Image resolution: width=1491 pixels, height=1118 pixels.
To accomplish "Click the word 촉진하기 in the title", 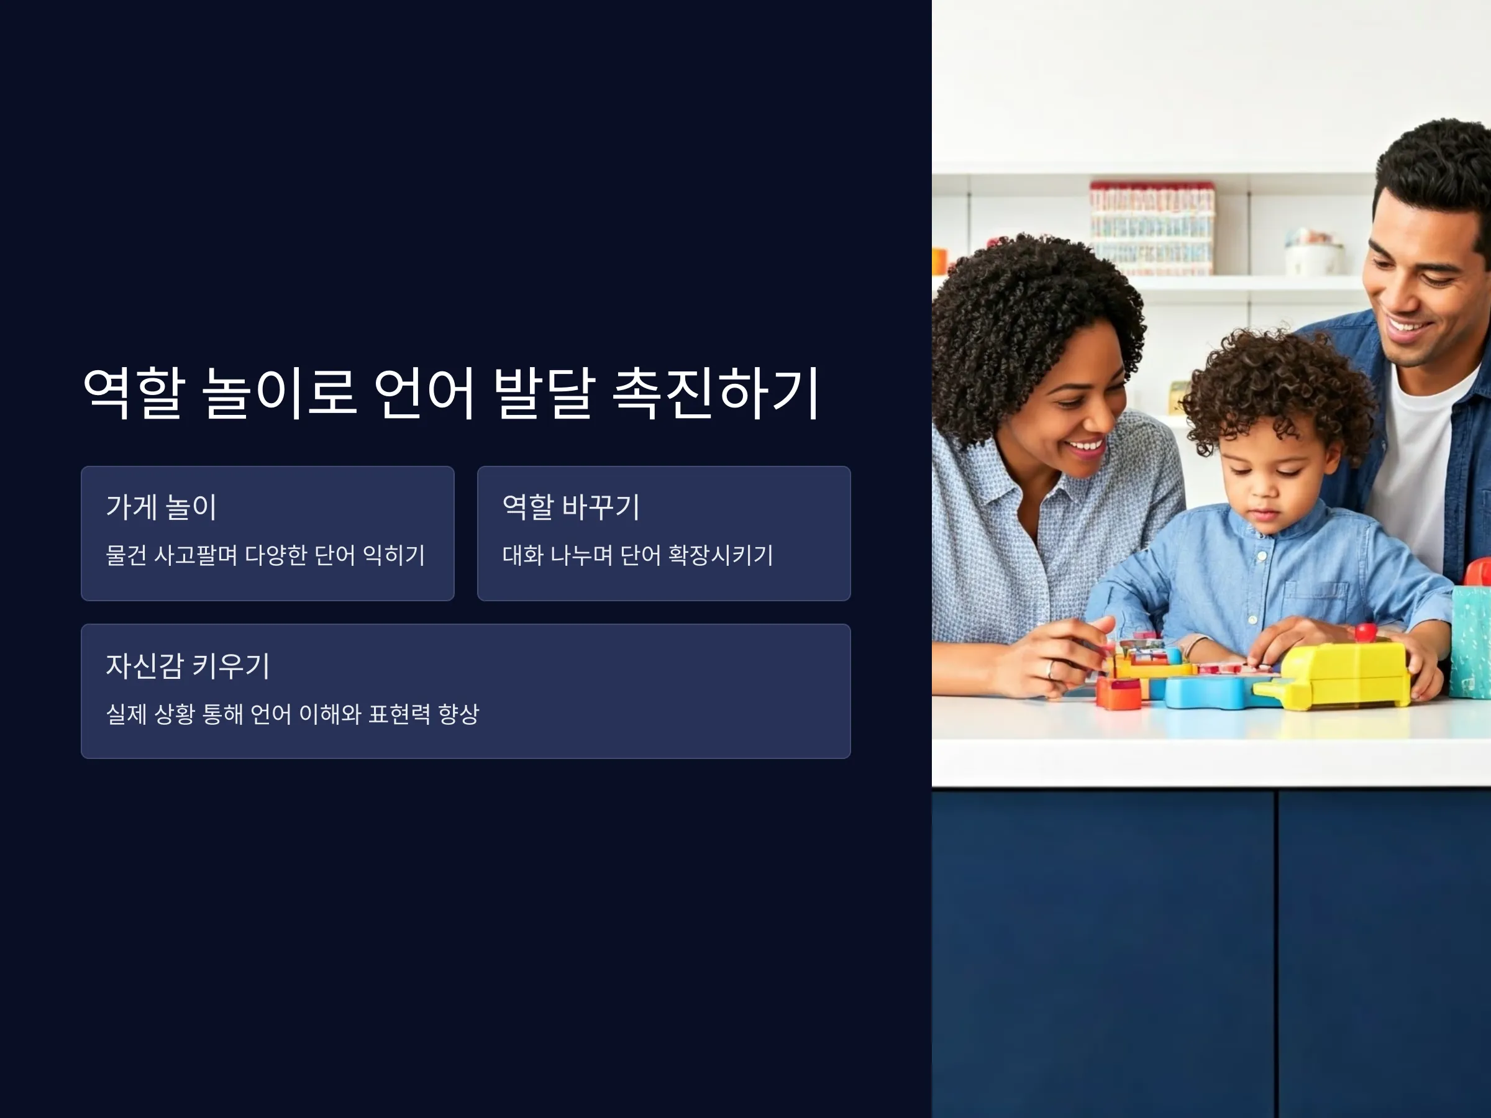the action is click(x=716, y=393).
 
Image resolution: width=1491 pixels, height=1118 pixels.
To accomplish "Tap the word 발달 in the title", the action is click(x=544, y=393).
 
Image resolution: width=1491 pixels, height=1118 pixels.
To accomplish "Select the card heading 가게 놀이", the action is click(x=161, y=507).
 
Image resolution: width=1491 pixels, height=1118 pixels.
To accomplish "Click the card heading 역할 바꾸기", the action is click(x=571, y=507).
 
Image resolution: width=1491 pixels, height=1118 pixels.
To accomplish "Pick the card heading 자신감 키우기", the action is click(x=188, y=666).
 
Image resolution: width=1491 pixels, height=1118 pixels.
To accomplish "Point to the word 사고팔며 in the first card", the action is click(x=196, y=555).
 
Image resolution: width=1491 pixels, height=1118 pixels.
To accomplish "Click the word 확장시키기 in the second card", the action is click(x=720, y=555).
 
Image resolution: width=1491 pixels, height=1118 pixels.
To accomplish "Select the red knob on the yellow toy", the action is click(x=1366, y=632).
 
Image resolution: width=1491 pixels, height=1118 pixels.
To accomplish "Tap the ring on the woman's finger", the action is click(x=1049, y=670).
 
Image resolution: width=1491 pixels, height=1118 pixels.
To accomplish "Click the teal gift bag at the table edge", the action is click(x=1470, y=640).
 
